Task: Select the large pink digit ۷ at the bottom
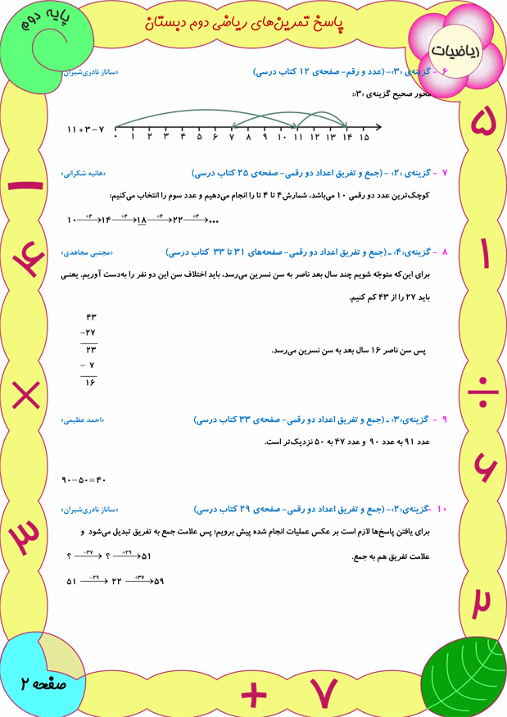pyautogui.click(x=325, y=693)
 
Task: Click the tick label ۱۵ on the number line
pyautogui.click(x=364, y=138)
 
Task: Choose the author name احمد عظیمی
pyautogui.click(x=82, y=420)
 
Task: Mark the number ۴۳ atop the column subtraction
pyautogui.click(x=91, y=317)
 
